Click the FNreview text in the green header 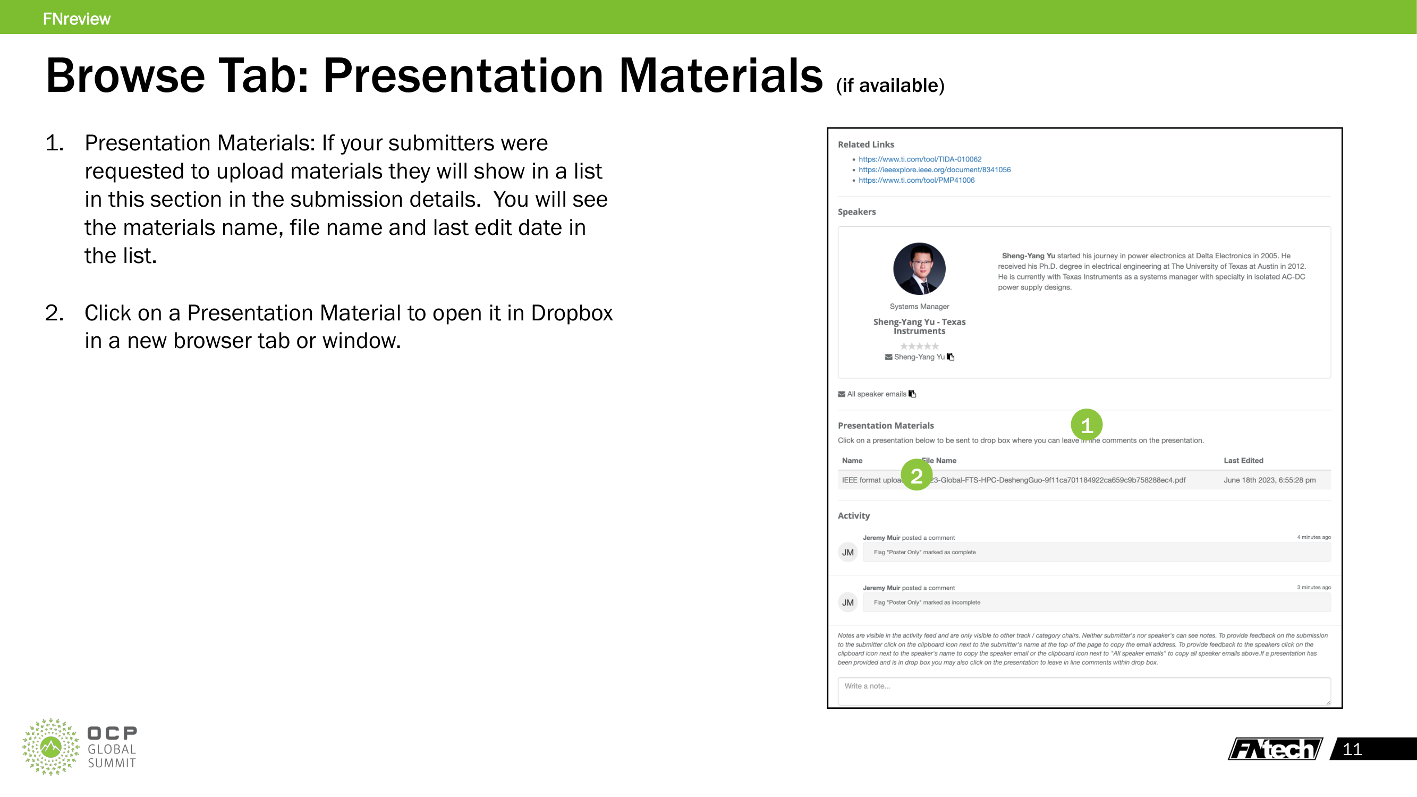click(77, 19)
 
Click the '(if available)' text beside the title click(889, 85)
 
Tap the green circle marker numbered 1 click(1087, 425)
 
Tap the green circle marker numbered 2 click(917, 475)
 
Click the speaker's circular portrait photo click(919, 268)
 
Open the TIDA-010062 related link click(920, 159)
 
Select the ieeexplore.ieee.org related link click(935, 169)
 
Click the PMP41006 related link click(917, 180)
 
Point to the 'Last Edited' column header click(1243, 460)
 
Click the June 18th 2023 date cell click(1269, 480)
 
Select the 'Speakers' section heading click(856, 212)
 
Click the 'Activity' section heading click(853, 515)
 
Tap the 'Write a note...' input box click(1084, 690)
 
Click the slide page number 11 click(1352, 749)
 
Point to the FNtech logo click(1275, 749)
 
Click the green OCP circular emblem click(50, 747)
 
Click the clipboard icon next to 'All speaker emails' click(912, 394)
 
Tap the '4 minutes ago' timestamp click(1313, 537)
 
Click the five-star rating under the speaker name click(919, 346)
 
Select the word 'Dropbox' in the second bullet click(572, 313)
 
